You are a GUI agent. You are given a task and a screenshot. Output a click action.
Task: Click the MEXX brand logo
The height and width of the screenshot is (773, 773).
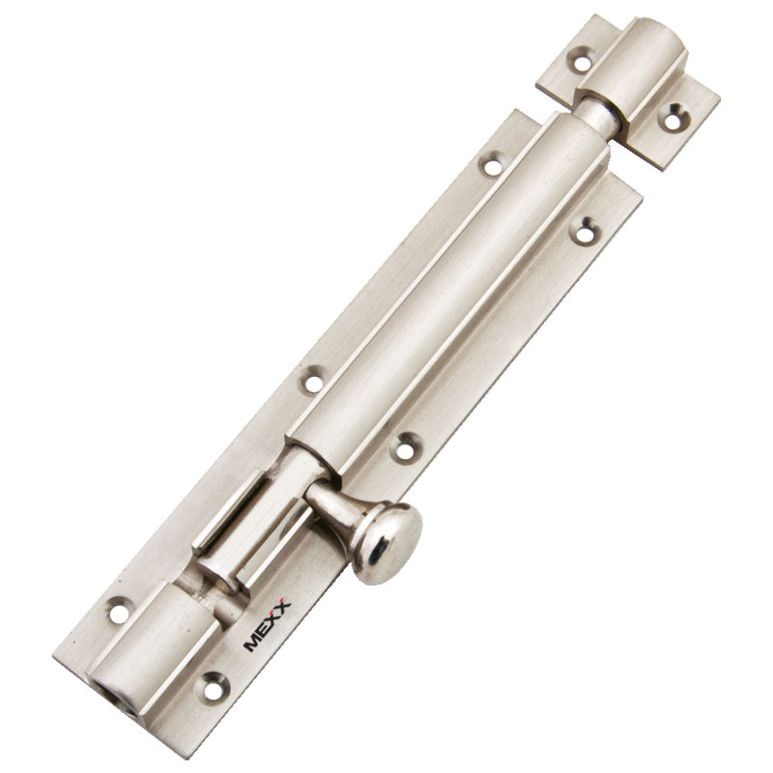pos(268,624)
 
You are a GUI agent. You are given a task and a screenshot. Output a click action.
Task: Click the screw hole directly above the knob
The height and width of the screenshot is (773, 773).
pos(405,447)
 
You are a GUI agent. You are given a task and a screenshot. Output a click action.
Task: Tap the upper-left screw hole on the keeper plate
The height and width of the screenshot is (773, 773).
pos(582,61)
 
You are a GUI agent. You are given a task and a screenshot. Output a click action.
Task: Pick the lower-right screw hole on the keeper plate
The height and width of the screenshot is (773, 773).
pos(673,118)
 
